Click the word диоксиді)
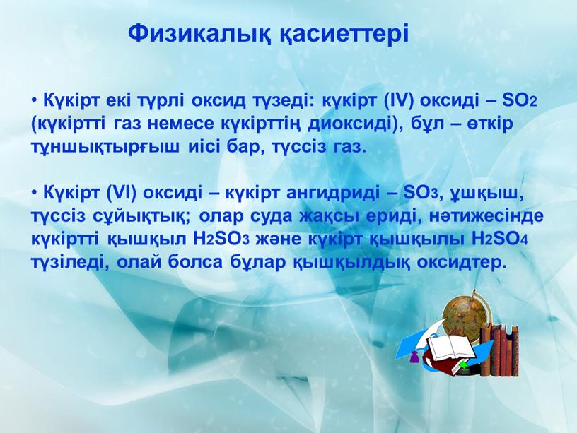(x=354, y=124)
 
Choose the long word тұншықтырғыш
(x=105, y=147)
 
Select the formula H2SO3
(x=221, y=239)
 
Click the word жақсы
(x=329, y=216)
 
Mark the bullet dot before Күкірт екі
(x=34, y=101)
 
